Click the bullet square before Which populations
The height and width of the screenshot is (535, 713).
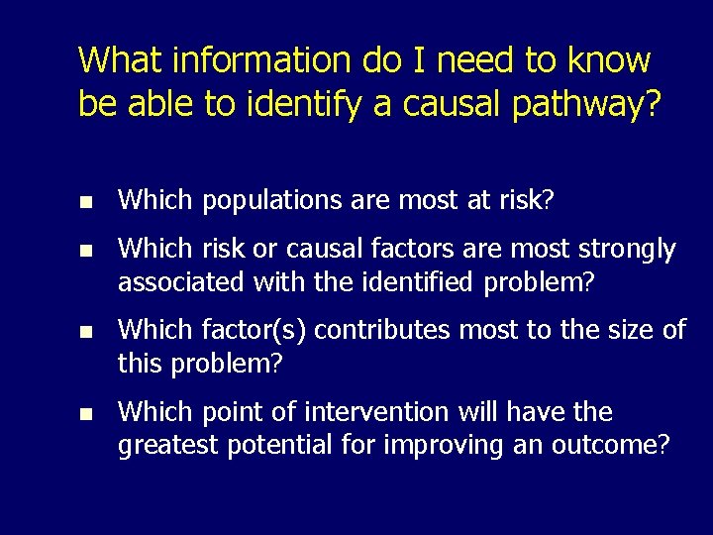[86, 201]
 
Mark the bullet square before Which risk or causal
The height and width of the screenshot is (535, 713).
[86, 250]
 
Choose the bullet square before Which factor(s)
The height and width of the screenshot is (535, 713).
[86, 331]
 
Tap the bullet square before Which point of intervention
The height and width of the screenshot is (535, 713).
[86, 412]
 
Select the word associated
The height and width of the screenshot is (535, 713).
[180, 282]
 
